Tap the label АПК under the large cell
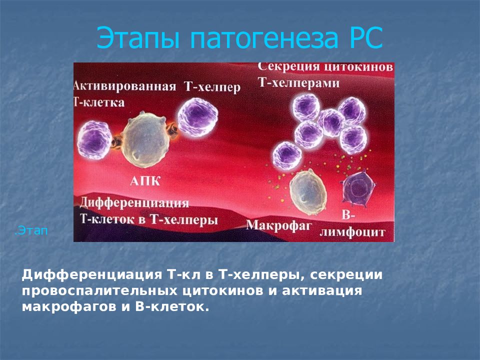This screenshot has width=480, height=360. tap(146, 181)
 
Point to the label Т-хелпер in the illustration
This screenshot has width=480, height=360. tap(212, 87)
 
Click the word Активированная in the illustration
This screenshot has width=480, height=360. tap(125, 86)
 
